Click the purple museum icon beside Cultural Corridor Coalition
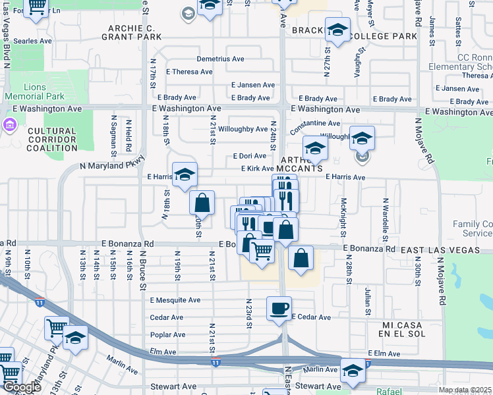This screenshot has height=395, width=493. (10, 124)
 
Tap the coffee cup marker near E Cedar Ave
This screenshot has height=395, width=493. (278, 308)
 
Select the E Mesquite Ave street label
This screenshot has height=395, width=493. (175, 300)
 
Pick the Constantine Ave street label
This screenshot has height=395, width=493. (315, 123)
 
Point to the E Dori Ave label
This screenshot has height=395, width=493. (250, 156)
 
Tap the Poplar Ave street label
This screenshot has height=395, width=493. (167, 334)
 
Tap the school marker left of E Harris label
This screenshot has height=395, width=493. (185, 174)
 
